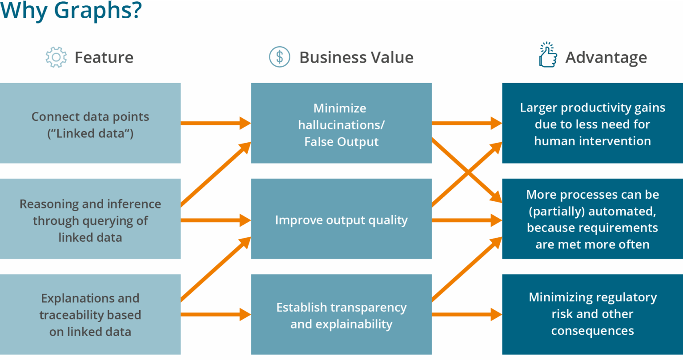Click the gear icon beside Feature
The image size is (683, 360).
tap(56, 57)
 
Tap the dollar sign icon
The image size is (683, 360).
tap(280, 57)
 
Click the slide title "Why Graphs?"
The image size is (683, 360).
tap(71, 11)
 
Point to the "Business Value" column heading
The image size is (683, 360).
tap(356, 57)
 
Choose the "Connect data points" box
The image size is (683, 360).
tap(90, 123)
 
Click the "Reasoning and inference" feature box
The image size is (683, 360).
tap(90, 219)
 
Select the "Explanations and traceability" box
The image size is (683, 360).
tap(90, 314)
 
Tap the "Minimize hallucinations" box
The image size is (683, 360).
tap(341, 123)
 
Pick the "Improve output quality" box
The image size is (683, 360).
tap(341, 219)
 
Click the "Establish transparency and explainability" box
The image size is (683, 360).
tap(341, 314)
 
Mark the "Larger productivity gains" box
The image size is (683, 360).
tap(592, 123)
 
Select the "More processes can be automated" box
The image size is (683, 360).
tap(592, 219)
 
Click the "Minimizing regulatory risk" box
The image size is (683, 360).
tap(592, 314)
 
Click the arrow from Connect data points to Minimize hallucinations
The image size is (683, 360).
tap(216, 123)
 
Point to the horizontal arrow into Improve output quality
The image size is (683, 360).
tap(216, 220)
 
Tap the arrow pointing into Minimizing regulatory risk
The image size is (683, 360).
tap(467, 314)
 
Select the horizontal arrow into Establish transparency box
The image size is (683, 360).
tap(216, 314)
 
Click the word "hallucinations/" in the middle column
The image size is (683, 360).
tap(341, 125)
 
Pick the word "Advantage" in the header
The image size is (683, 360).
tap(606, 57)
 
